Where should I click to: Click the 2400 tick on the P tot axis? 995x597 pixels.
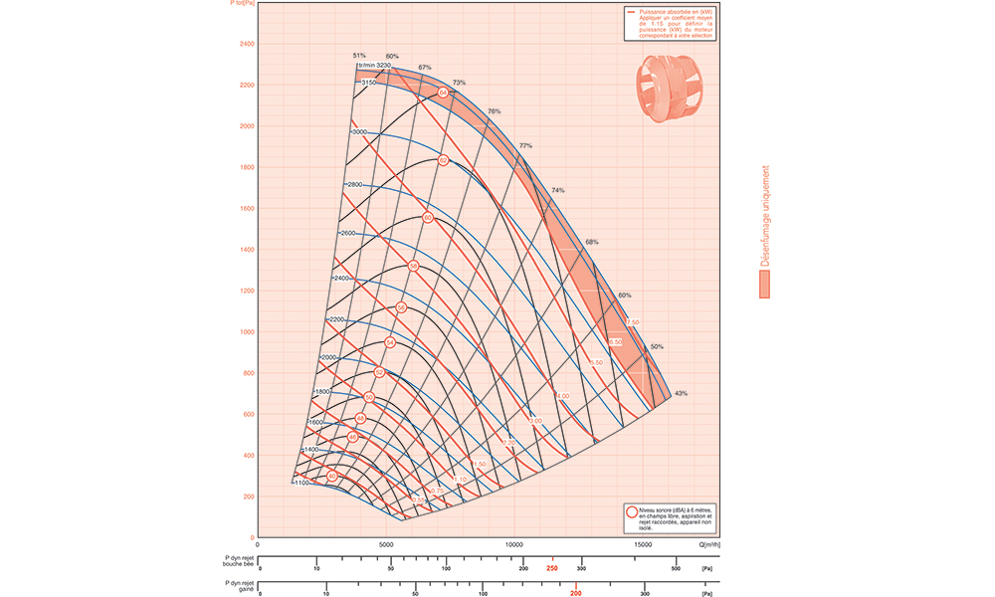(x=246, y=44)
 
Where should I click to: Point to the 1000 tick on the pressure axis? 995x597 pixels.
(x=246, y=331)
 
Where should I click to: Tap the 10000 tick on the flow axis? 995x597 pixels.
(x=514, y=545)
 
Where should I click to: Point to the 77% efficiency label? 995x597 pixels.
(x=525, y=145)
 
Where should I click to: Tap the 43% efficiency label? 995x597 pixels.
(x=681, y=394)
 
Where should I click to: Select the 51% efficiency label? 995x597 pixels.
(x=359, y=55)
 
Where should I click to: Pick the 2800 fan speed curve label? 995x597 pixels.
(x=356, y=185)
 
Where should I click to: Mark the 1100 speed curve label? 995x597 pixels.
(x=301, y=482)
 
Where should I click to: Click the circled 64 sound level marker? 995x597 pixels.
(x=443, y=93)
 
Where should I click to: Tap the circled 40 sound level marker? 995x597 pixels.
(x=332, y=477)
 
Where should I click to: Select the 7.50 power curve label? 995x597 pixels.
(x=632, y=323)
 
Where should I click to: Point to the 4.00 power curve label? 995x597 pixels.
(x=563, y=396)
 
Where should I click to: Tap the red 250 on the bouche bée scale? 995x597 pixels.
(x=551, y=568)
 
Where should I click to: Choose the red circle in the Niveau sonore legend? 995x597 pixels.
(x=631, y=511)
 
